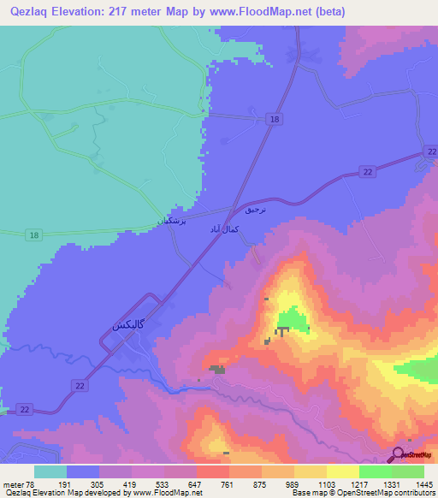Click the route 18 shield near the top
pyautogui.click(x=273, y=121)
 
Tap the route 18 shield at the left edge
pyautogui.click(x=33, y=234)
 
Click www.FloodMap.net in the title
pyautogui.click(x=258, y=10)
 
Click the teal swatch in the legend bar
pyautogui.click(x=50, y=471)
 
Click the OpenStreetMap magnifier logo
pyautogui.click(x=397, y=455)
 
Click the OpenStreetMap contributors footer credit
pyautogui.click(x=390, y=494)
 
